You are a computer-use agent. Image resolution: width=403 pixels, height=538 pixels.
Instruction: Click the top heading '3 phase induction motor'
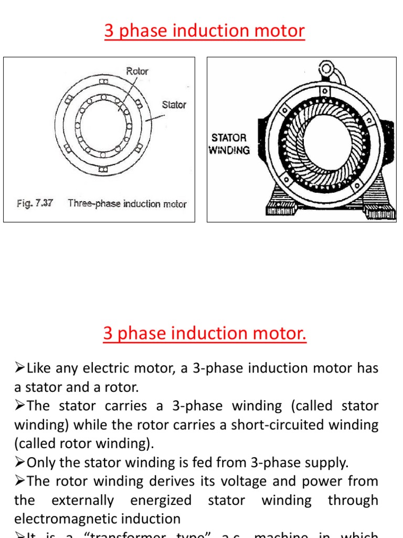coord(204,31)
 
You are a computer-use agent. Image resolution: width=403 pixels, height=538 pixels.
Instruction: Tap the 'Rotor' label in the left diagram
coord(137,71)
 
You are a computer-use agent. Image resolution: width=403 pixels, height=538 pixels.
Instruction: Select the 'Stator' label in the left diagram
coord(174,105)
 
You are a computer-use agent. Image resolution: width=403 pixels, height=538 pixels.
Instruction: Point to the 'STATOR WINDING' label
coord(229,144)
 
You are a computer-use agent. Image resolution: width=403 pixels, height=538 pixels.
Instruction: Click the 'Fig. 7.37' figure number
coord(35,203)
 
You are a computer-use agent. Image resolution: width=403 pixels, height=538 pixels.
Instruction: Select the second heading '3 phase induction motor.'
coord(205,334)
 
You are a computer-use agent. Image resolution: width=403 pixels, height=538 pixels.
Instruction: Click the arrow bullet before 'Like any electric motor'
coord(19,368)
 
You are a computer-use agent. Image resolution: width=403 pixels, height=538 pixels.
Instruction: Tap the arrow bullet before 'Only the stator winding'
coord(19,463)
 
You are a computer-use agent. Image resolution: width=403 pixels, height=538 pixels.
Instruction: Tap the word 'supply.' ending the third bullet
coord(326,463)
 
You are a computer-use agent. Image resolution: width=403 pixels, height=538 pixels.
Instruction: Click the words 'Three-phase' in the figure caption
coord(94,204)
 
